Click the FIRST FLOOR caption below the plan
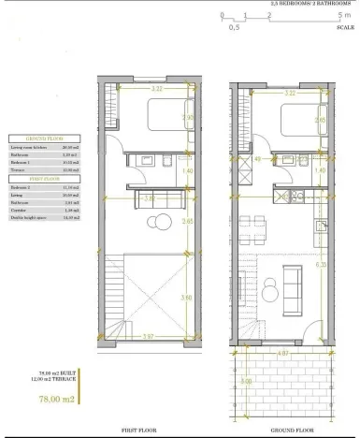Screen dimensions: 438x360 (x=138, y=431)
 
